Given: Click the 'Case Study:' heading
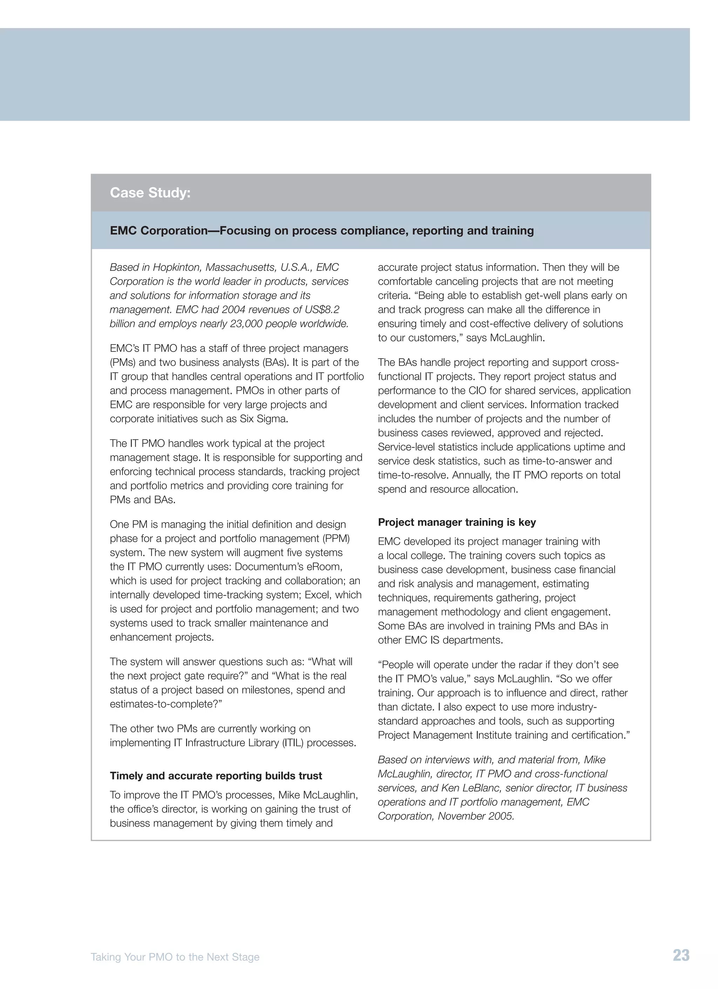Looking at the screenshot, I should click(150, 192).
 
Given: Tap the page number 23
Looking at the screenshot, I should click(681, 955).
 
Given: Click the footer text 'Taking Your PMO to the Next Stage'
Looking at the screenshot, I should click(175, 957).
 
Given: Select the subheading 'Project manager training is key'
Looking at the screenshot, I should click(456, 522).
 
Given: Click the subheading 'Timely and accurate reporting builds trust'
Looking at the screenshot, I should click(216, 776).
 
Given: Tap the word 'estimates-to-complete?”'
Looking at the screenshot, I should click(166, 704).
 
